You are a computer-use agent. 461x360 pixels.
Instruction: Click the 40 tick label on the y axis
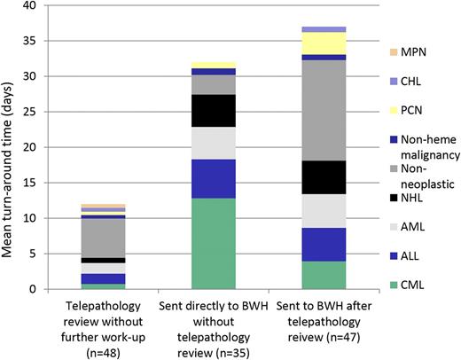29,6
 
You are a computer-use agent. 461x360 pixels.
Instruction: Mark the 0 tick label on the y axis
33,289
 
